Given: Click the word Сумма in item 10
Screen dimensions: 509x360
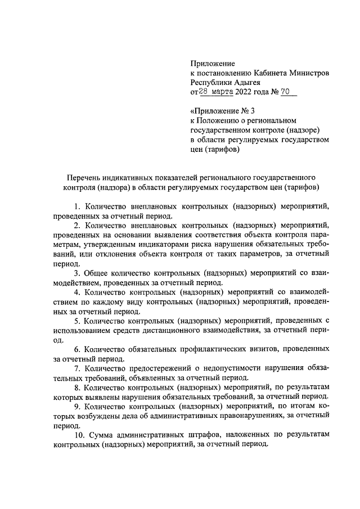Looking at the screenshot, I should pos(102,435).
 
